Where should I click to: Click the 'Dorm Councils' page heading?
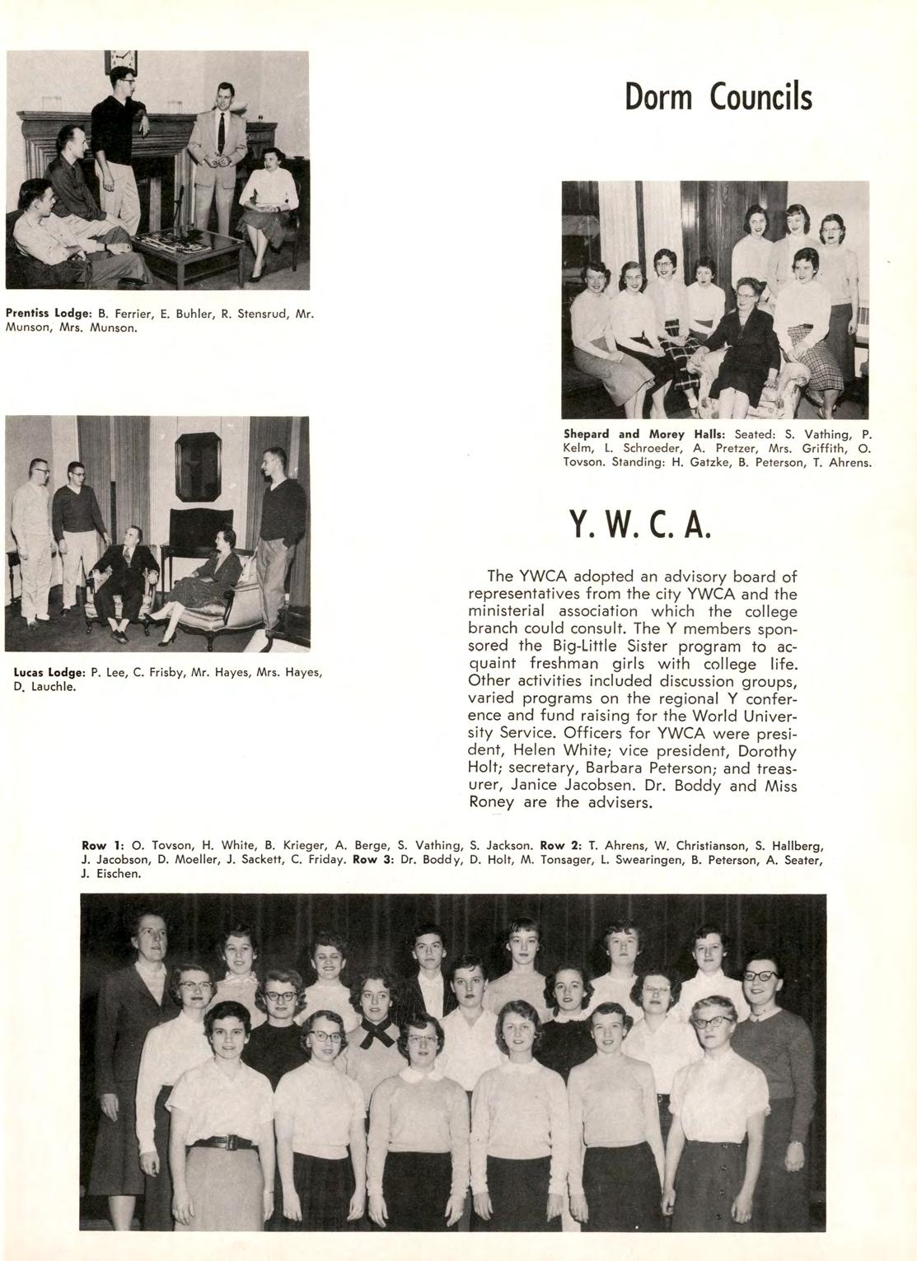[718, 98]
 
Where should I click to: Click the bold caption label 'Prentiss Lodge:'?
[49, 314]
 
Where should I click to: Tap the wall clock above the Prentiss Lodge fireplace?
[121, 62]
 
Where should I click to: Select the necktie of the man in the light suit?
[221, 132]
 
